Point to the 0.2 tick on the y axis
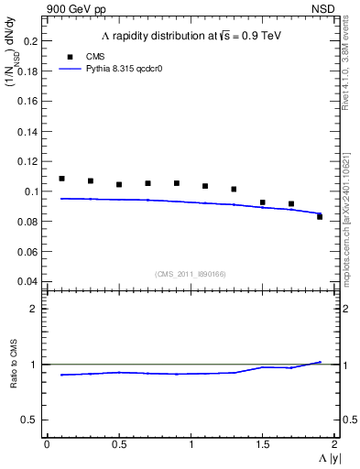click(30, 41)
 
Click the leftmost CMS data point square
click(61, 179)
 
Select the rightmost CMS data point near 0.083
click(320, 216)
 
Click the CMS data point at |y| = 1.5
click(262, 202)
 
